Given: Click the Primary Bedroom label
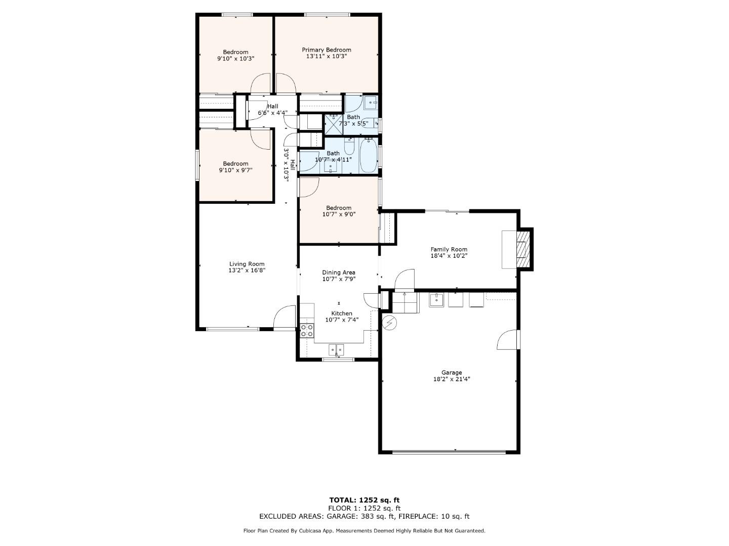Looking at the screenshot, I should [x=327, y=50].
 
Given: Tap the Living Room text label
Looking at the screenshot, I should [x=247, y=264].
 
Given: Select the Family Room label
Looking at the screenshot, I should [x=449, y=249].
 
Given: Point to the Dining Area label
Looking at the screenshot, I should [x=339, y=272].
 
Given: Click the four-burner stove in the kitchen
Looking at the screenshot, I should [x=307, y=331].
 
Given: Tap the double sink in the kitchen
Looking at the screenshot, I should [x=336, y=349].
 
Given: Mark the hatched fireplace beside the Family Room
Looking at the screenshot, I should [x=522, y=249].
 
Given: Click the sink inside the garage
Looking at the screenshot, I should [x=436, y=300].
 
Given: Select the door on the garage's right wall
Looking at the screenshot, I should [x=508, y=340].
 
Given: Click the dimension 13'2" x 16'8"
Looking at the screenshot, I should [x=247, y=270].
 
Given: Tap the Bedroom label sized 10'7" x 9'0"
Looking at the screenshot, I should [x=339, y=208].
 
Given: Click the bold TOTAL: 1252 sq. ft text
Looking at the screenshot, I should [x=364, y=500].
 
